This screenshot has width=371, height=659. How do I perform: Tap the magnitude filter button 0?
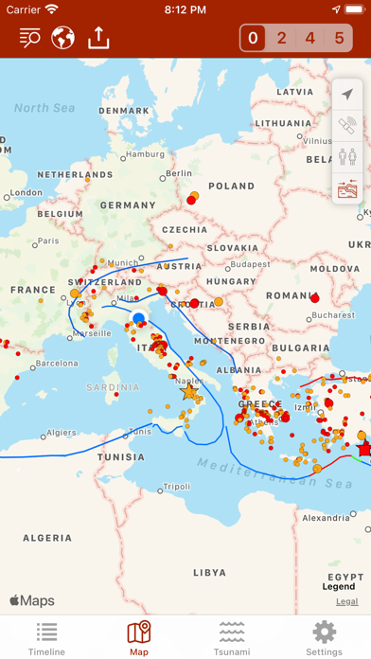tap(252, 39)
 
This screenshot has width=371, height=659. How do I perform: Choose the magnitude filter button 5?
tap(340, 39)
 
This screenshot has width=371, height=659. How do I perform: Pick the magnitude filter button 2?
tap(281, 39)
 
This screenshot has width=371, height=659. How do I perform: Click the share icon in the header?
tap(98, 38)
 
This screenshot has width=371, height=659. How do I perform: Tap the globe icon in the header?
tap(63, 38)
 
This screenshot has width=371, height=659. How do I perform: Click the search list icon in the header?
tap(29, 38)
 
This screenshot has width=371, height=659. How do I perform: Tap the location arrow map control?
tap(347, 95)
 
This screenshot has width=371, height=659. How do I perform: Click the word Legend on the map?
tap(339, 587)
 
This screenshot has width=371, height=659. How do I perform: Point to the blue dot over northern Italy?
tap(139, 318)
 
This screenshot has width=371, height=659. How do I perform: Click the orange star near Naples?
tap(188, 391)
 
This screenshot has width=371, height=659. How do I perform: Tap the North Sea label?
tap(44, 109)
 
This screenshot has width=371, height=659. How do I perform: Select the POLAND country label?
tap(231, 187)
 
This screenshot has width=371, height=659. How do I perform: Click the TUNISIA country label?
tap(121, 456)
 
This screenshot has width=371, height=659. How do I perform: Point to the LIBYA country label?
tap(209, 572)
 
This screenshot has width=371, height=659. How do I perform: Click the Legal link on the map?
tap(346, 601)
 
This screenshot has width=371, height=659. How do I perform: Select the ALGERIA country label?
tap(46, 538)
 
